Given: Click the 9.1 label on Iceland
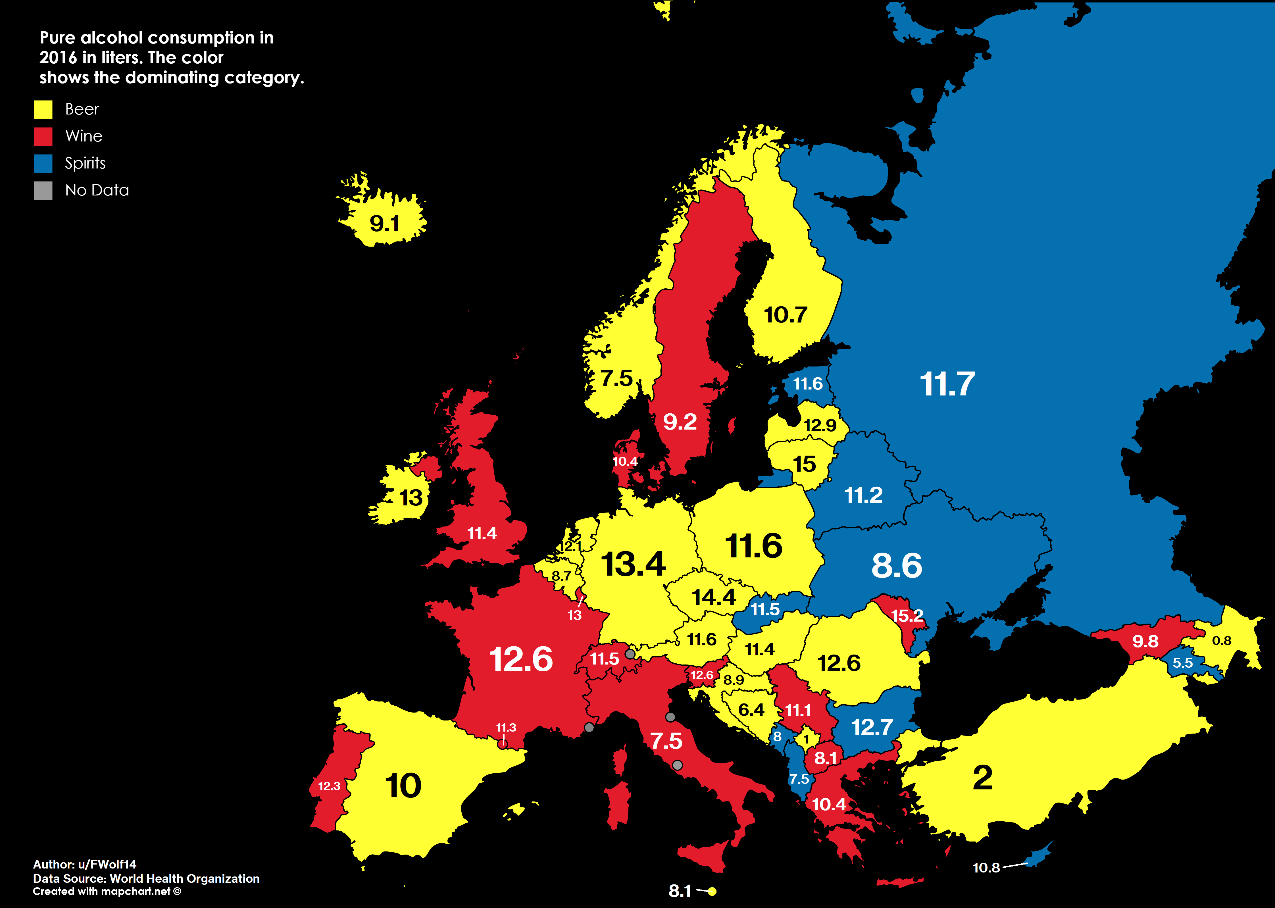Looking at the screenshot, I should tap(385, 224).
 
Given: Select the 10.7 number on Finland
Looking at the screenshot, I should tap(785, 315).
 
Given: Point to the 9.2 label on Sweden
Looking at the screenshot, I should tap(680, 422).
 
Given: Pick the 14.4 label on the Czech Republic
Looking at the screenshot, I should tap(714, 597).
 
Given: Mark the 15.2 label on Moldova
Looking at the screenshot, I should tap(907, 616).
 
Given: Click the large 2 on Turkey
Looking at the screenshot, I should tap(982, 778).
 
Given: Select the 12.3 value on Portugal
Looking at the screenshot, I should tap(329, 786).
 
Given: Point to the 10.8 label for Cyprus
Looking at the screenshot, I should tap(986, 868).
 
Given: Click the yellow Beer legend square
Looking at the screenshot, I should tap(43, 110).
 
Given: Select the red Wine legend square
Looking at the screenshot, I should tap(43, 136).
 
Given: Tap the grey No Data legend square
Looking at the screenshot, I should tap(43, 191).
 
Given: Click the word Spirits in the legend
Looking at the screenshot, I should tap(85, 163).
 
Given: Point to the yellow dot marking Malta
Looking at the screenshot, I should tap(712, 891).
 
